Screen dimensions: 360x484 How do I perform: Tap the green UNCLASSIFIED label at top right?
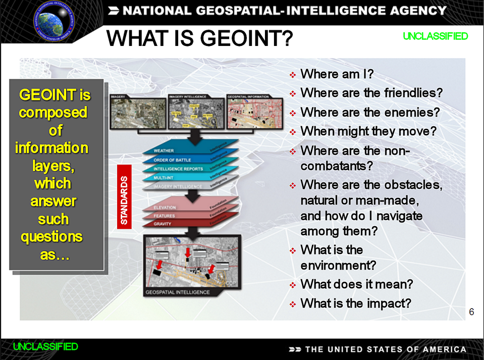(x=435, y=36)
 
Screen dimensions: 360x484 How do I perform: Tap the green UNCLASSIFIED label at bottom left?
(x=45, y=346)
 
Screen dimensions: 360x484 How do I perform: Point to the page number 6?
(x=471, y=312)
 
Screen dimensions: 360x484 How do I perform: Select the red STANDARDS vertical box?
(x=124, y=196)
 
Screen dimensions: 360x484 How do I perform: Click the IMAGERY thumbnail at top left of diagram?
(x=138, y=113)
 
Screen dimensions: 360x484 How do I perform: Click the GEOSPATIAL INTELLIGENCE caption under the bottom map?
(x=177, y=292)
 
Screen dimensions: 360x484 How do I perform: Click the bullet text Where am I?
(x=337, y=74)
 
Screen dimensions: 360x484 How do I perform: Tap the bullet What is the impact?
(x=356, y=303)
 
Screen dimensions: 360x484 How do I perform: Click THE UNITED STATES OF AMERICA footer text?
(x=386, y=349)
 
